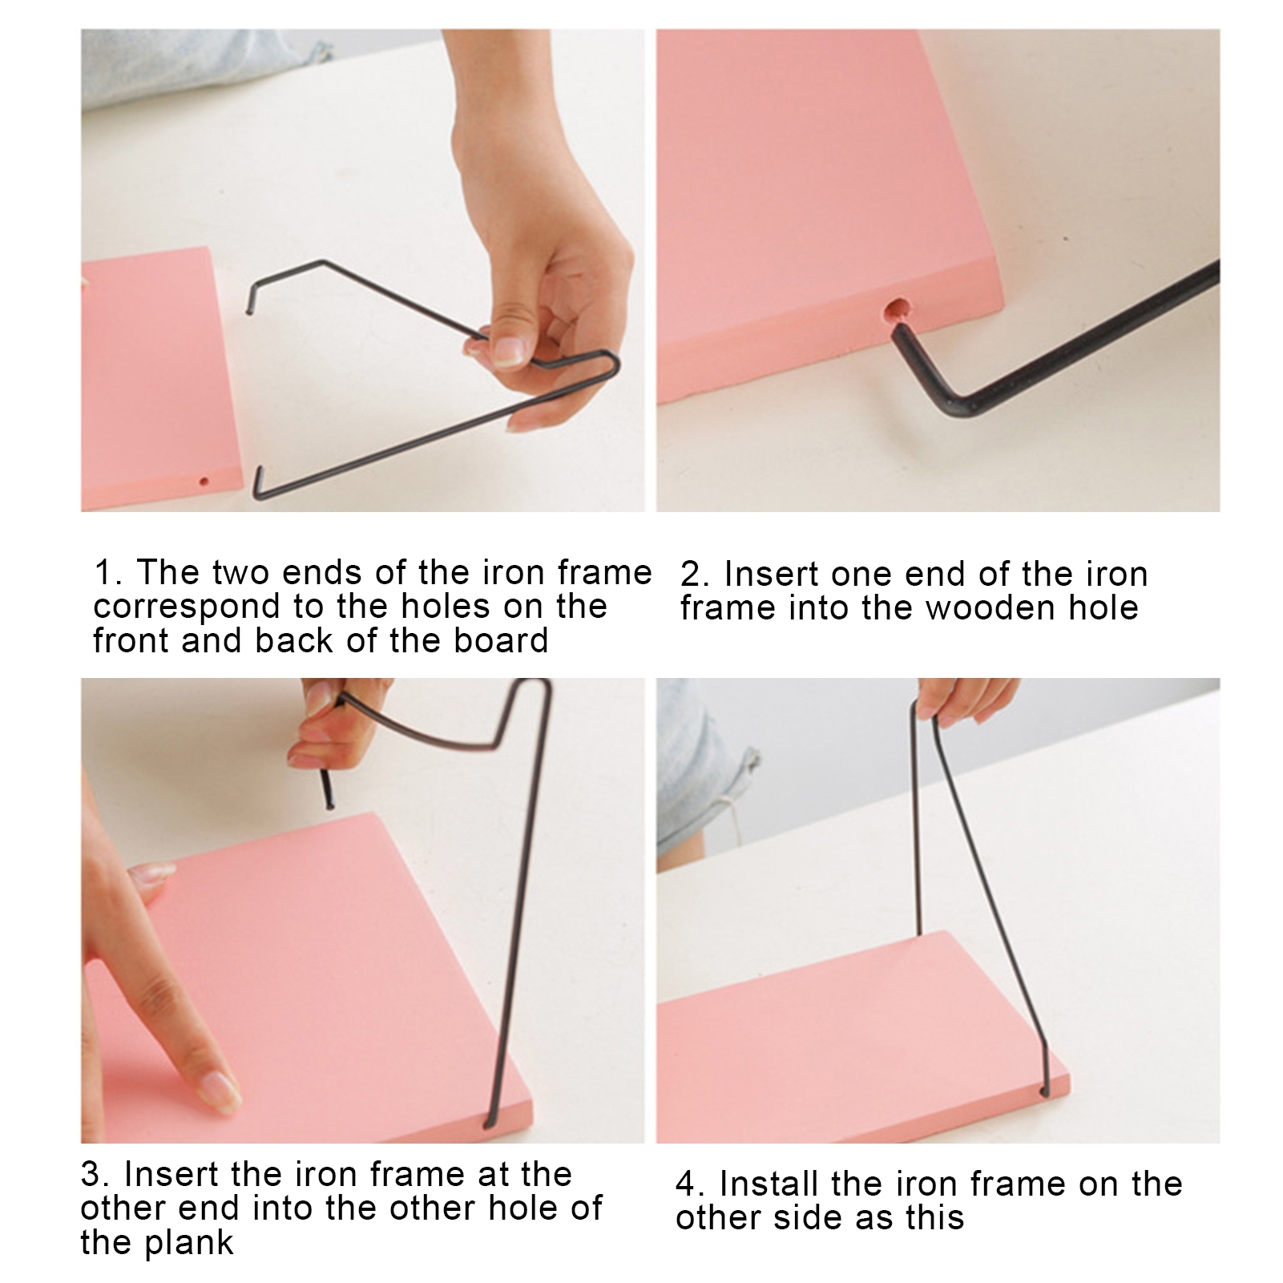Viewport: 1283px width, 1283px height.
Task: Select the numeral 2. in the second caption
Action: click(x=696, y=575)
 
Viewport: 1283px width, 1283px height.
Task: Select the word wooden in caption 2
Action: click(x=991, y=607)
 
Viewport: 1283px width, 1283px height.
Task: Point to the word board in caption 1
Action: click(x=500, y=640)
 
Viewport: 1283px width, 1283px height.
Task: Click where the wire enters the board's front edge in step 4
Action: click(x=1043, y=1090)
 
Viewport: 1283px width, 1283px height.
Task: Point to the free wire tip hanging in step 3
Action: click(x=328, y=803)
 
